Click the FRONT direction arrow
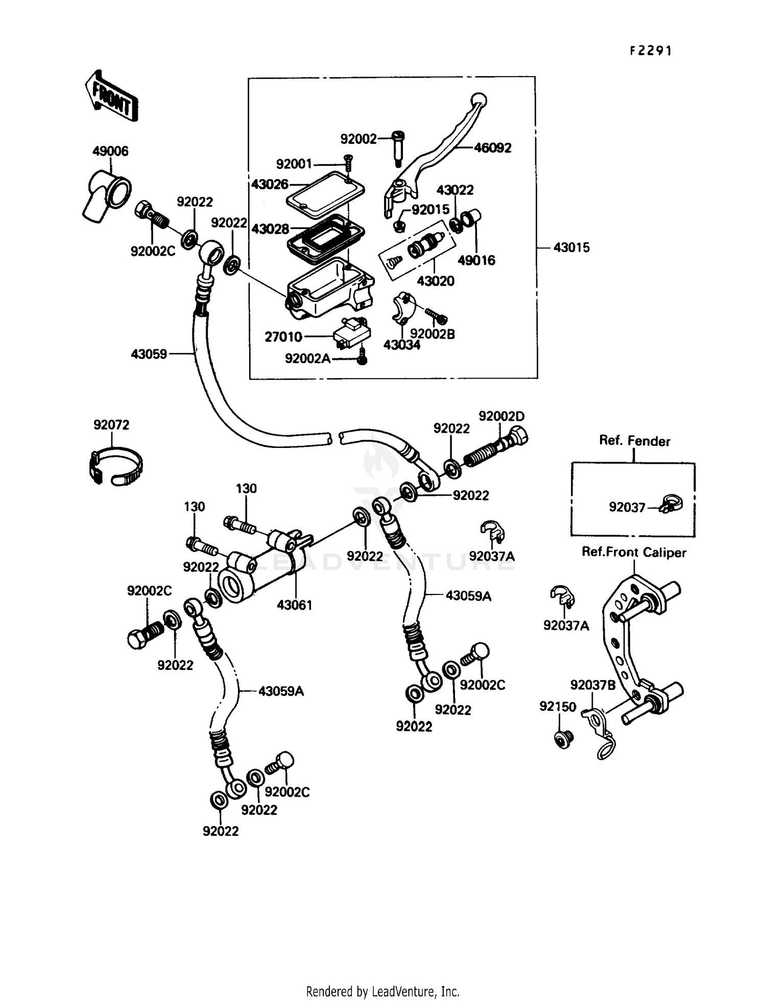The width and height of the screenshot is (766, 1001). point(111,95)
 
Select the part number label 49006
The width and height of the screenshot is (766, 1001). point(110,151)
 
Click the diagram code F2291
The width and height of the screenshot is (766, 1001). point(651,51)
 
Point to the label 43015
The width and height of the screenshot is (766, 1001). point(571,247)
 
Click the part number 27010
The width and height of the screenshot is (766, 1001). point(283,337)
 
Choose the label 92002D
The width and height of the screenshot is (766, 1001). point(501,416)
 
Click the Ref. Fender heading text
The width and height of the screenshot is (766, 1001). point(634,441)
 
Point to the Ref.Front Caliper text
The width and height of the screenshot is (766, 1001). point(634,553)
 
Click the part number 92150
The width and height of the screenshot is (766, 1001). point(558,707)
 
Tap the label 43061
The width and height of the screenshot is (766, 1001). point(294,605)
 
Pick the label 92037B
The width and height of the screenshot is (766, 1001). point(593,685)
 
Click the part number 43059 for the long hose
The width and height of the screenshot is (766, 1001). point(149,354)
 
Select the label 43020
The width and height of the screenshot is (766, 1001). point(435,281)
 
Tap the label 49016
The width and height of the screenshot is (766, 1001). point(476,260)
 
